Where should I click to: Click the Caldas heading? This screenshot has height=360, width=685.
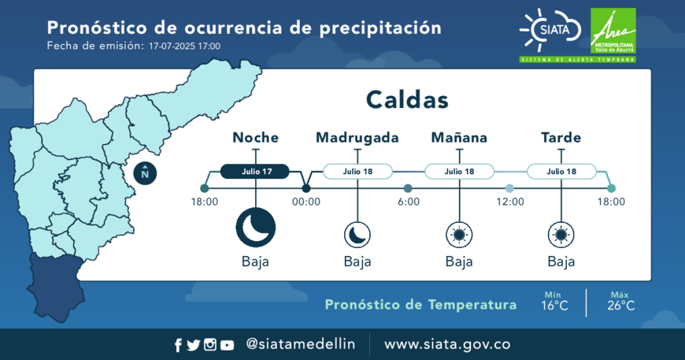coord(407,99)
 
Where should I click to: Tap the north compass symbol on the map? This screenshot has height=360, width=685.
coord(145,173)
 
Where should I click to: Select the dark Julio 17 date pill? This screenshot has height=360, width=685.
coord(254,171)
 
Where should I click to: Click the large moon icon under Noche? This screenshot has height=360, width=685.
coord(256,228)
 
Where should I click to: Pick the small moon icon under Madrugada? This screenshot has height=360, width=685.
coord(357,235)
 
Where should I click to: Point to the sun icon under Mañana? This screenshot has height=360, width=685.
coord(459,235)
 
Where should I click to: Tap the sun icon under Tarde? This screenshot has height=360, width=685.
coord(561,235)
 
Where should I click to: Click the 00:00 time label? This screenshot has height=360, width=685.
coord(306,202)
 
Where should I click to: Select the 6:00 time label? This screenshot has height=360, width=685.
coord(409,202)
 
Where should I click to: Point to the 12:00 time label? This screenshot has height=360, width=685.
coord(510,202)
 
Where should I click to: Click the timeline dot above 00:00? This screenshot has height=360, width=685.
coord(306,188)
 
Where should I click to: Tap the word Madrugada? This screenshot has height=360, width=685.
coord(357,138)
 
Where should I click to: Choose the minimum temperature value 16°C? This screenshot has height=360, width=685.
coord(554,306)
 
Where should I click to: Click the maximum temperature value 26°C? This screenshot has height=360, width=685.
coord(620,306)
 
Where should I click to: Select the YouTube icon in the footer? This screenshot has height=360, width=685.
coord(227,345)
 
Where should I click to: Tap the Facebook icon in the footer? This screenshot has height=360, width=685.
coord(178,345)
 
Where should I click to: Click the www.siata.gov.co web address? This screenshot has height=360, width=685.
coord(447,344)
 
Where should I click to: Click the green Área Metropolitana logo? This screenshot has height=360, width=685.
coord(613,32)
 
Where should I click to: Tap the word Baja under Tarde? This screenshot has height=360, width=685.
coord(561,262)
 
